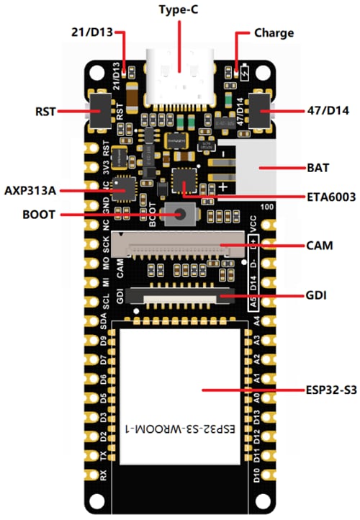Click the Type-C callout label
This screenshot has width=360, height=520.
[x=179, y=11]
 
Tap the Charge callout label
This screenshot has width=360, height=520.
[x=274, y=33]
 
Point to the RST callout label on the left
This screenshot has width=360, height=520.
[x=45, y=112]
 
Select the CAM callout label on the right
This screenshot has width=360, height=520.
[x=318, y=246]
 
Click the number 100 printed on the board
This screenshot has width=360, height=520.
[x=268, y=208]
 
